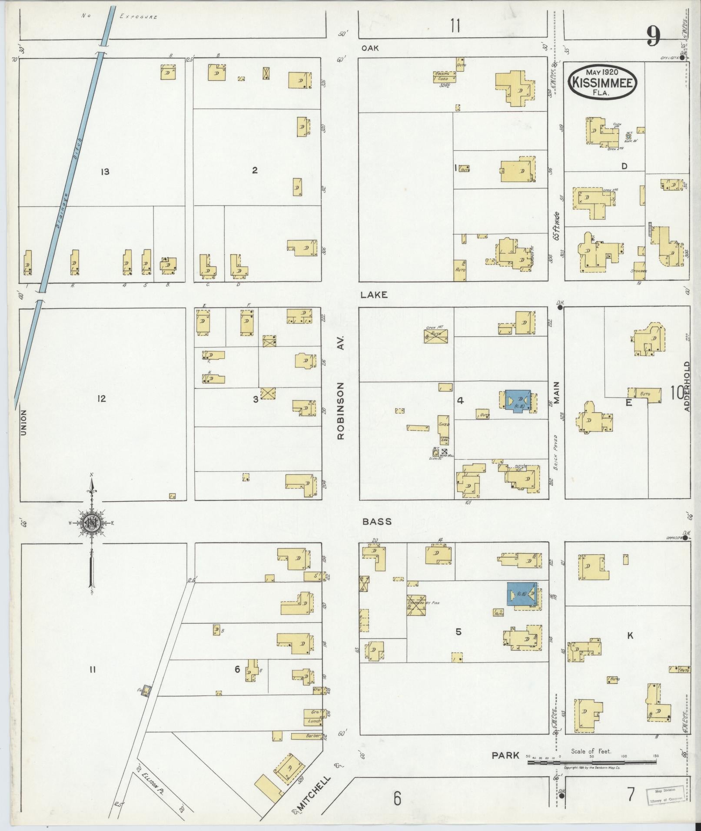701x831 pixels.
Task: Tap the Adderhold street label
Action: coord(687,380)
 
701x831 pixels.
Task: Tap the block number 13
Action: coord(104,172)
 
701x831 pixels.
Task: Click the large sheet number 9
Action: coord(654,36)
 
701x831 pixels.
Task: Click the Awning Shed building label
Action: coord(444,76)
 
